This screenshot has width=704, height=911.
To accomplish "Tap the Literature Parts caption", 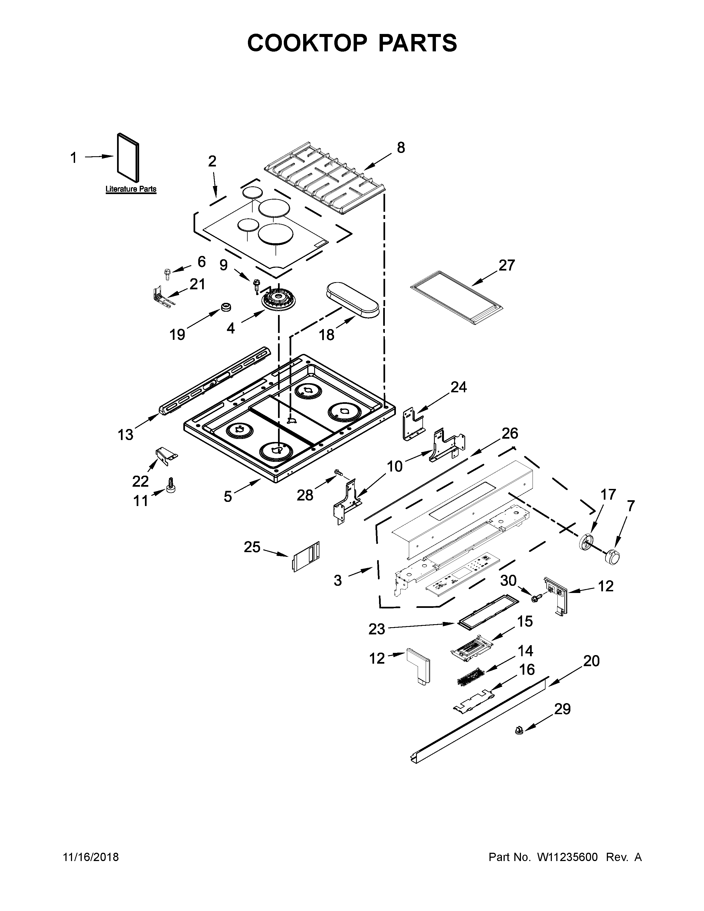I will click(131, 189).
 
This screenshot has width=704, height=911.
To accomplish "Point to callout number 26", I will click(510, 433).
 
